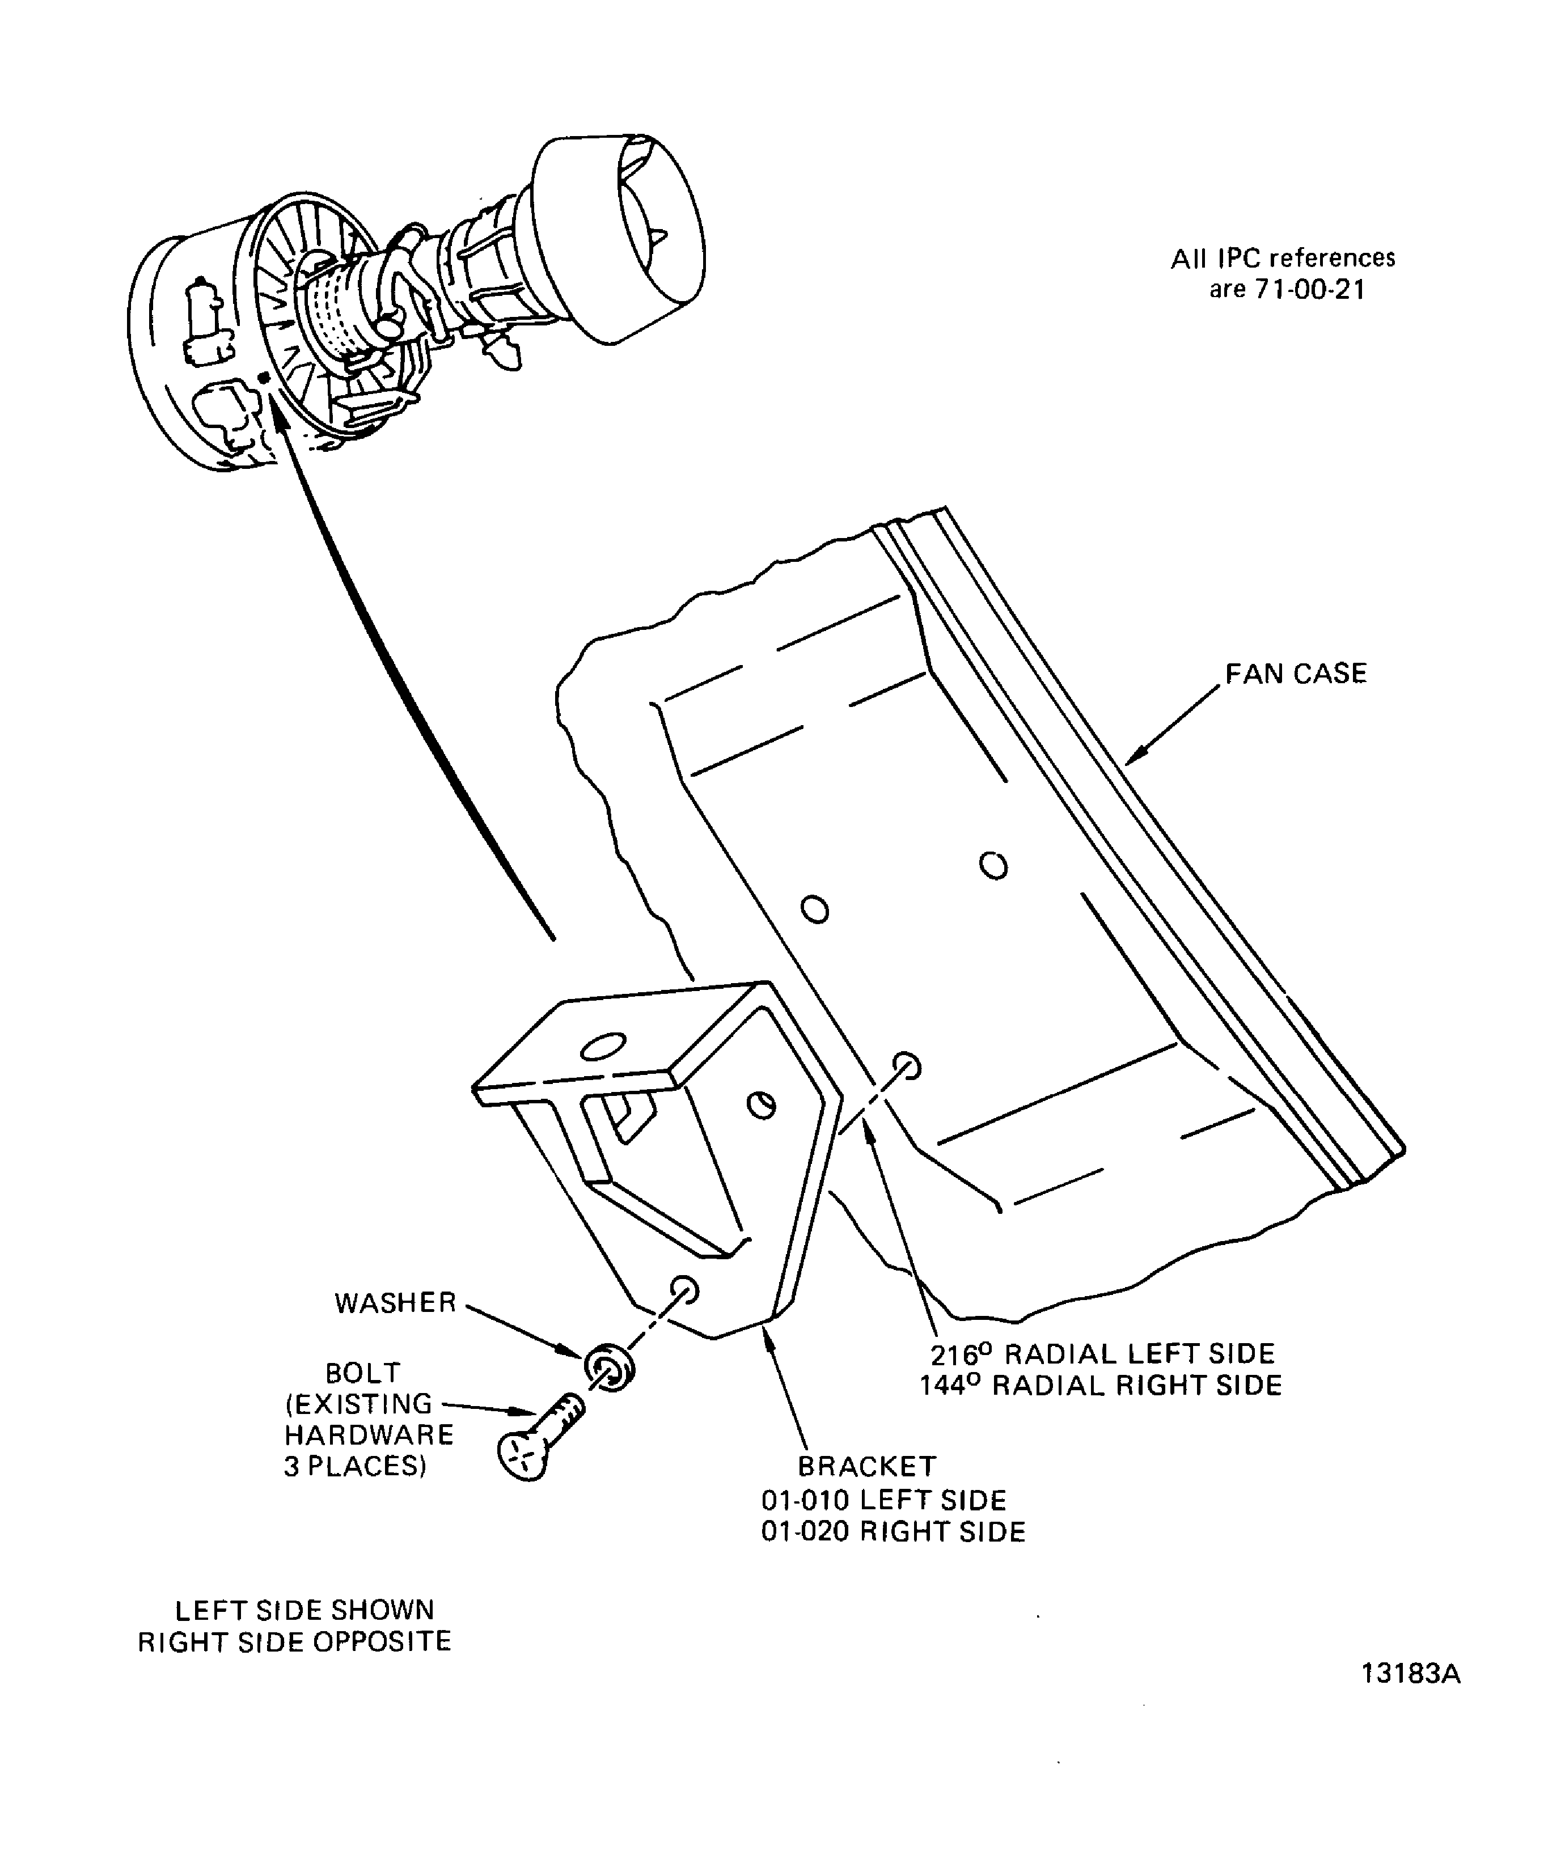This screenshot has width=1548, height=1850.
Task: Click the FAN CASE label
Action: [x=1295, y=674]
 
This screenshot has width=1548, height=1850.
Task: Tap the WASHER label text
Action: [x=395, y=1303]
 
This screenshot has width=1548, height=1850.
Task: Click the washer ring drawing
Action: [x=609, y=1368]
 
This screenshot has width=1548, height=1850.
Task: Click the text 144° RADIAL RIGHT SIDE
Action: [x=1101, y=1386]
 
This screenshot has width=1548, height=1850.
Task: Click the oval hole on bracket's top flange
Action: [x=603, y=1047]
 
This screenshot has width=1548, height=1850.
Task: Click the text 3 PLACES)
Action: [x=355, y=1467]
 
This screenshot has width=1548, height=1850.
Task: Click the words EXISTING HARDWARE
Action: [x=368, y=1419]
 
